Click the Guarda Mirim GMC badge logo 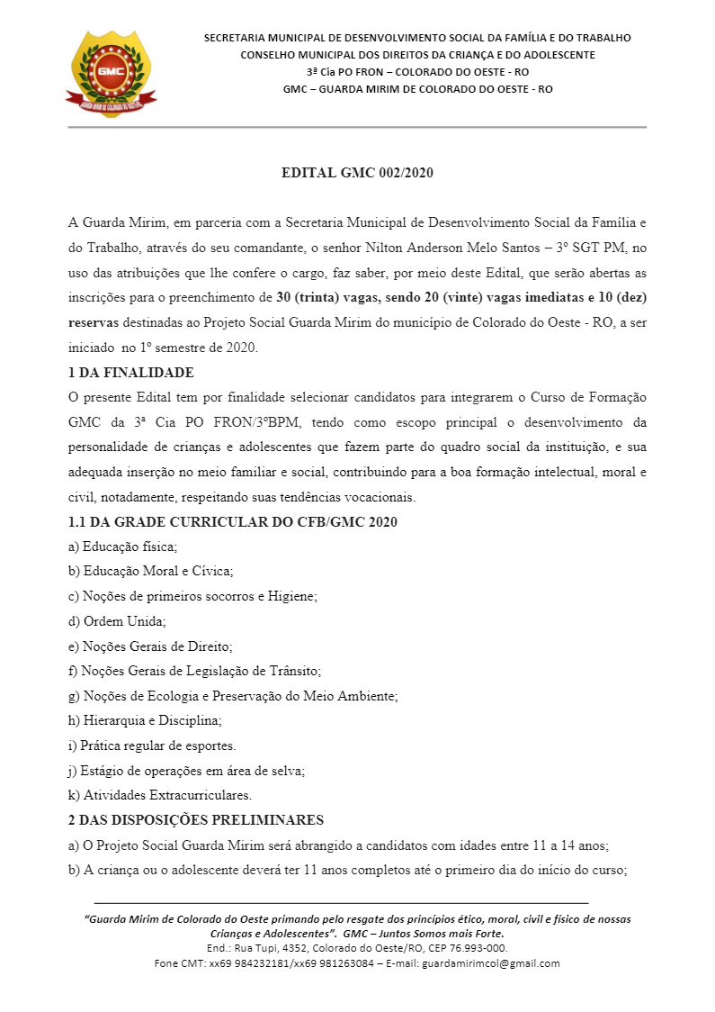click(111, 71)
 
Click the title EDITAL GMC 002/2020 click(357, 173)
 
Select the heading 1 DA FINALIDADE click(131, 372)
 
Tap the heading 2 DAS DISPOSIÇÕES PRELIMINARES click(196, 819)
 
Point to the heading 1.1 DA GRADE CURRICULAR click(233, 521)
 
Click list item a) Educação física click(123, 547)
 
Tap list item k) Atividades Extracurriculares click(160, 795)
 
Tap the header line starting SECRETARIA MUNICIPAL click(417, 38)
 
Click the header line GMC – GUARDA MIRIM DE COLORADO click(417, 89)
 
